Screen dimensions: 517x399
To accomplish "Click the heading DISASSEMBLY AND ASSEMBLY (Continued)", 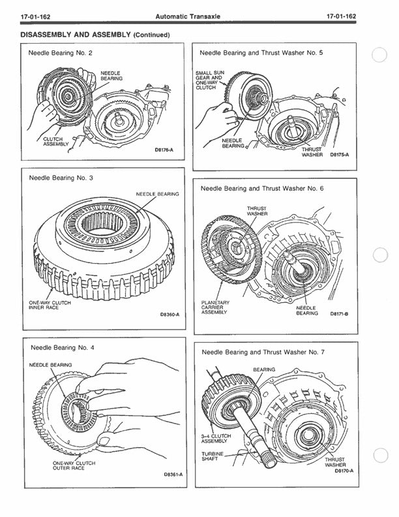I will click(96, 34).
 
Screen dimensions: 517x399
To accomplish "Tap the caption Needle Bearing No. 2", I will click(60, 52).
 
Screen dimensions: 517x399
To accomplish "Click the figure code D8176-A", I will click(162, 149).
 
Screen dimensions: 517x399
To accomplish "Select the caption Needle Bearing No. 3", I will click(60, 177).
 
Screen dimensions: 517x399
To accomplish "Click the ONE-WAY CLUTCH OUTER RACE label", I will click(74, 465).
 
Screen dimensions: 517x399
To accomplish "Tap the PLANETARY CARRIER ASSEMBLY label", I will click(214, 307).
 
